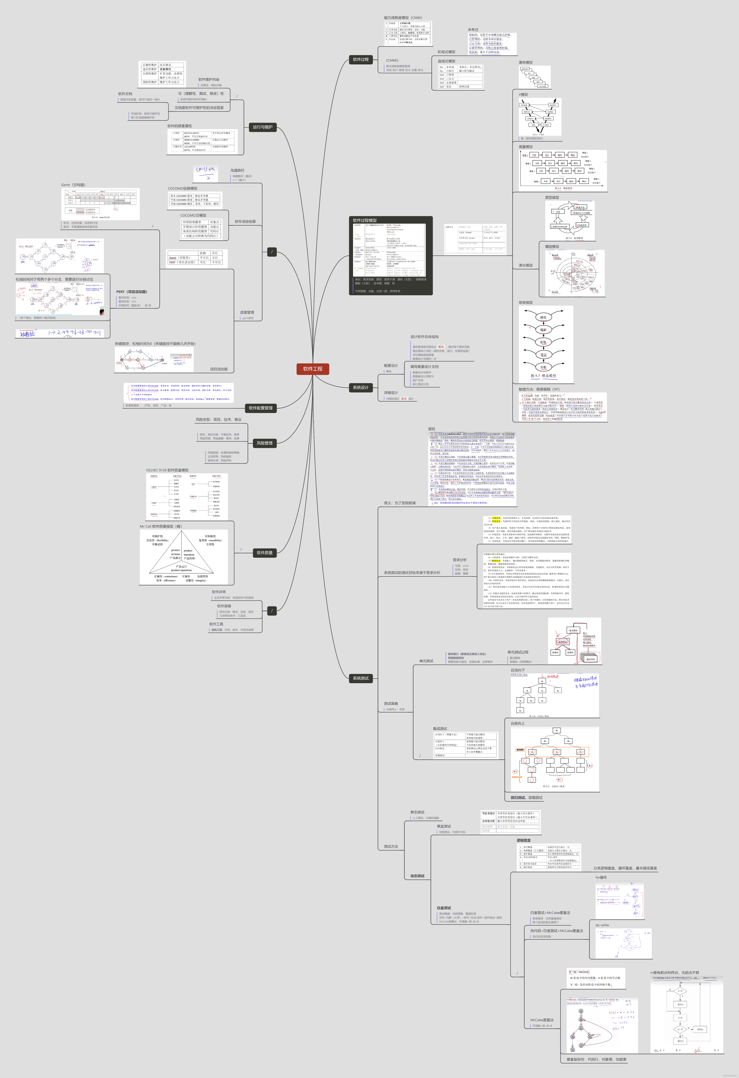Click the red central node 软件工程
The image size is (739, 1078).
pos(312,369)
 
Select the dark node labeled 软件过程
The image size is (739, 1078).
pos(361,59)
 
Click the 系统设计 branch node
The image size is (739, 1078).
pos(361,387)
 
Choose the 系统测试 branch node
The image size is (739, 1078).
pos(361,678)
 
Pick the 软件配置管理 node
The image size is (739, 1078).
pos(260,408)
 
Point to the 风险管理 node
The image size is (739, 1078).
pos(265,443)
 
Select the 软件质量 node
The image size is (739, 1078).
pos(265,553)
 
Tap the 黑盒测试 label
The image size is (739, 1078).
pos(444,826)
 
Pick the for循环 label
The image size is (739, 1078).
pos(601,878)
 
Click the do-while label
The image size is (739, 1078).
pos(602,925)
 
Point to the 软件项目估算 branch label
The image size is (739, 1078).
pos(245,222)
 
